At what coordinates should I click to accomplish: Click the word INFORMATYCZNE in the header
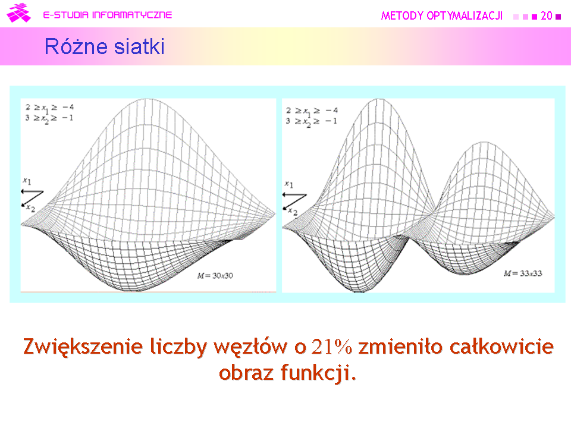point(132,15)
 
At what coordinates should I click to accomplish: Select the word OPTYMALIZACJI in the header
point(465,15)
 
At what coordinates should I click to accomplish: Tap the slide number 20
point(546,15)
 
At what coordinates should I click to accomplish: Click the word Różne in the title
point(76,46)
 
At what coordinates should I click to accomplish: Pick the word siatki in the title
point(139,46)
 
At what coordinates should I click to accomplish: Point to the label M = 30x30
point(215,275)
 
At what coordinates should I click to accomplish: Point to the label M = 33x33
point(523,273)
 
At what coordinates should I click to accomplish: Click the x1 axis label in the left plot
point(27,181)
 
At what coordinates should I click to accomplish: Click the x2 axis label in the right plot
point(293,212)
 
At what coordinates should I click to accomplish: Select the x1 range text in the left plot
point(49,108)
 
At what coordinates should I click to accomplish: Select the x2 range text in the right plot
point(312,121)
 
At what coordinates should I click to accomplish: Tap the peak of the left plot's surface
point(146,99)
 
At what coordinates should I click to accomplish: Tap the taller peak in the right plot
point(379,99)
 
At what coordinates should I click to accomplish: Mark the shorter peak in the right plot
point(484,142)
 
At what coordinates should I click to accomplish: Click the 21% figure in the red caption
point(332,347)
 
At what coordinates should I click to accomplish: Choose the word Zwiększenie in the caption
point(83,347)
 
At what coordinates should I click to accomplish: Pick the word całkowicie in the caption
point(502,346)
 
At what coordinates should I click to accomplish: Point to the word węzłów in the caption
point(250,347)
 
